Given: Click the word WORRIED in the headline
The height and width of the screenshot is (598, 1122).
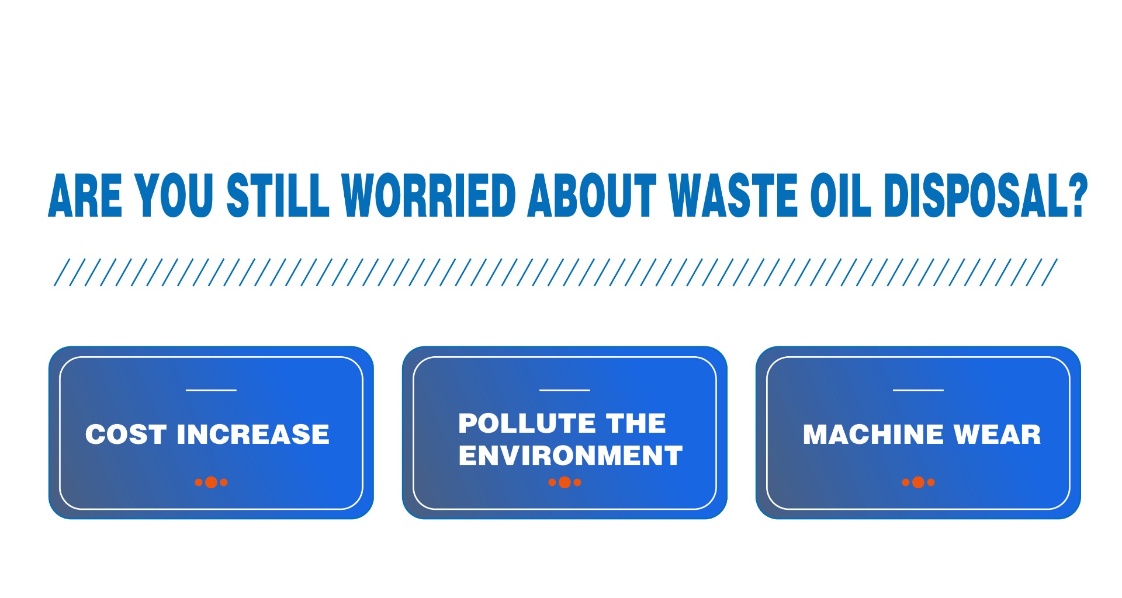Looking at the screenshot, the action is click(x=429, y=195).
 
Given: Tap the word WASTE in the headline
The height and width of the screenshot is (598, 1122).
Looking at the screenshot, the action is click(x=734, y=195).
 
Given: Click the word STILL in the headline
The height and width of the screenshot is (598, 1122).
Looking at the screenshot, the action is click(x=278, y=195).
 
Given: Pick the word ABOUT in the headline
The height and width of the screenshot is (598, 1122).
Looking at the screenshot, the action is click(x=593, y=195).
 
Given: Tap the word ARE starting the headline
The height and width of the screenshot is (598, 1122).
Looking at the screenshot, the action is click(x=85, y=196).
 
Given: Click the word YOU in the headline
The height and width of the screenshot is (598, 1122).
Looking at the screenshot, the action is click(x=174, y=195).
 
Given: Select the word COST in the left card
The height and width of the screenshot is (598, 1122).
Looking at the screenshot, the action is click(x=126, y=434).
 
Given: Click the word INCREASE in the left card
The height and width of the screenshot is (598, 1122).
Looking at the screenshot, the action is click(x=253, y=434).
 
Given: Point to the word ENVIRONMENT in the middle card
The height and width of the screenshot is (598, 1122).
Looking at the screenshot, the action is click(x=570, y=456).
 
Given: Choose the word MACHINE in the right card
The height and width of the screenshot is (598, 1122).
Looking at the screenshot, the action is click(x=874, y=434).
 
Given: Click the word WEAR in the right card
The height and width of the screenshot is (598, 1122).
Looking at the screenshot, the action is click(x=998, y=434).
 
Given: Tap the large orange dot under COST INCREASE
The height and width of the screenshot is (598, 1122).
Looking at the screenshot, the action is click(x=212, y=482).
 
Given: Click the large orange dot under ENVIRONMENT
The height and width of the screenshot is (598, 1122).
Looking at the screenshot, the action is click(x=565, y=482).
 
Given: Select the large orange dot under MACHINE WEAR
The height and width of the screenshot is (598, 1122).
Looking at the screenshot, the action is click(x=918, y=482).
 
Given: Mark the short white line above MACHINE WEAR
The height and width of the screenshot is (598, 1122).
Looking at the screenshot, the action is click(x=918, y=390).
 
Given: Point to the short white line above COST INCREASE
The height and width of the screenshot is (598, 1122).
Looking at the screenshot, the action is click(x=211, y=390).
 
